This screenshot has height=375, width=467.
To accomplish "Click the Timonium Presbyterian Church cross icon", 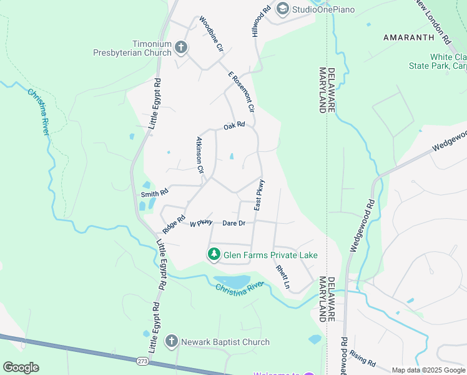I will click(x=181, y=47).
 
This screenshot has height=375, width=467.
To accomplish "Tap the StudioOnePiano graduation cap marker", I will click(x=283, y=9).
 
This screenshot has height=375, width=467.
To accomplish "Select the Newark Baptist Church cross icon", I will click(x=172, y=341).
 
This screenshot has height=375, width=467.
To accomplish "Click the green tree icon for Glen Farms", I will click(x=214, y=254).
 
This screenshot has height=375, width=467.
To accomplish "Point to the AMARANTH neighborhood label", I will click(x=408, y=37).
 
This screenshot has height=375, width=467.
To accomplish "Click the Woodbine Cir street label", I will click(x=211, y=34).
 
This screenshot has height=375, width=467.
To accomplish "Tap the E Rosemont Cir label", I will click(x=242, y=91).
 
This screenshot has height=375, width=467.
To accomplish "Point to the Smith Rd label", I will click(x=155, y=193).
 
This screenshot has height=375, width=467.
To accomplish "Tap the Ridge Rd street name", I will click(x=174, y=221).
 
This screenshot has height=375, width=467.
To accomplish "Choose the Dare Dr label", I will click(x=234, y=222).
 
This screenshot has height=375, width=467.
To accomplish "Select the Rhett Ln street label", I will click(x=283, y=277).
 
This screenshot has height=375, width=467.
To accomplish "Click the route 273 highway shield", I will click(x=144, y=362).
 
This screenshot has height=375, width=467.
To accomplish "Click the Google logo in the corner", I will click(x=21, y=367).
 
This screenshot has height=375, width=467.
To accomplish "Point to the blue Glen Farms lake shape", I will click(x=232, y=281).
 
